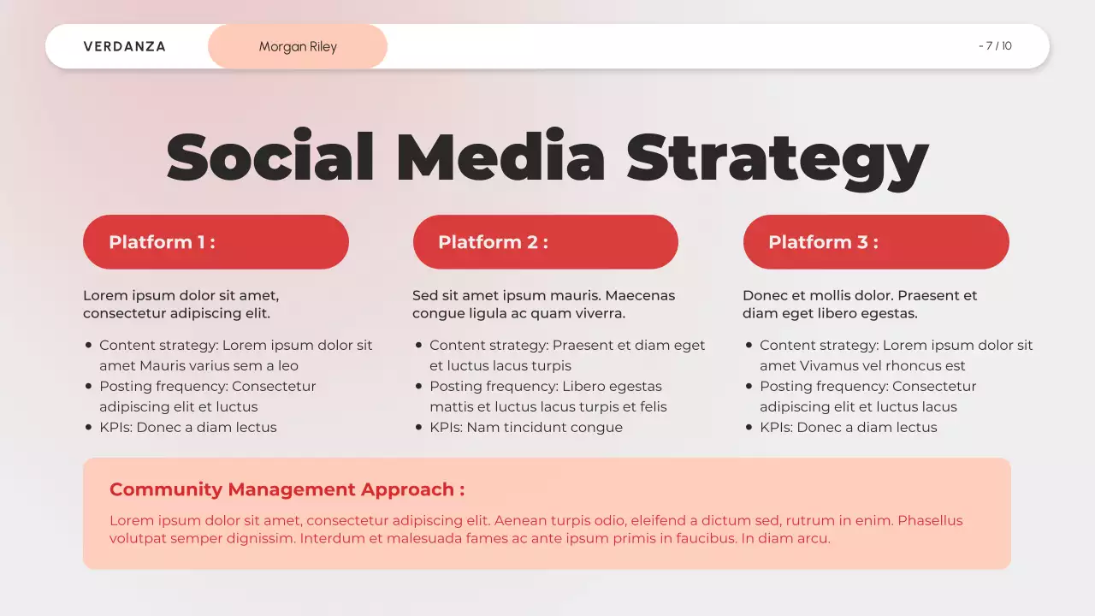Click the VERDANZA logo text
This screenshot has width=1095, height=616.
click(125, 46)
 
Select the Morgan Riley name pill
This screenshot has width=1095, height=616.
click(298, 46)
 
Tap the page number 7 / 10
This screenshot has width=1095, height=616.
click(996, 46)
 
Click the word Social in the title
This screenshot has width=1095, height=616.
click(270, 157)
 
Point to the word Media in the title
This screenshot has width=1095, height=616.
click(500, 157)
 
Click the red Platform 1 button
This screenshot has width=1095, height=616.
click(216, 242)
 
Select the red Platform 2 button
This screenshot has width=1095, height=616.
click(545, 242)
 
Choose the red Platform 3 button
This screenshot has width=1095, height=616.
click(876, 242)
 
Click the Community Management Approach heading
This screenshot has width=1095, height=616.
click(287, 489)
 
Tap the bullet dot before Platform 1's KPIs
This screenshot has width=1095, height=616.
click(89, 427)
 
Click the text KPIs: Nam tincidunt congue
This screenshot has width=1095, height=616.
click(526, 427)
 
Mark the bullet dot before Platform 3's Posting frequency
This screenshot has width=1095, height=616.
click(749, 386)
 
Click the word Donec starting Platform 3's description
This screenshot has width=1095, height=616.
click(764, 295)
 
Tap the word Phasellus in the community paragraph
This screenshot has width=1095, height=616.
click(930, 520)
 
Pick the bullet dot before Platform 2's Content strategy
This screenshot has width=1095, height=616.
click(419, 345)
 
